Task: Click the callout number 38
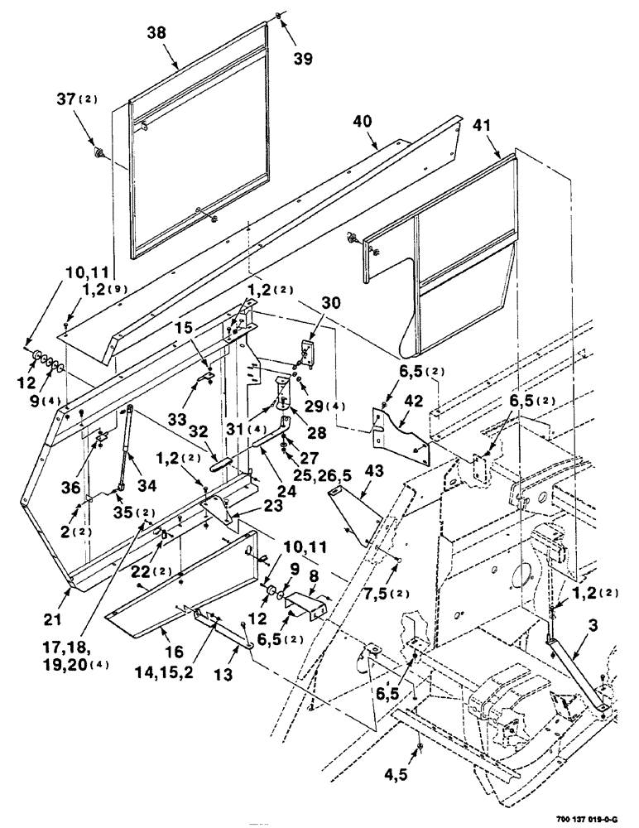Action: click(157, 32)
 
